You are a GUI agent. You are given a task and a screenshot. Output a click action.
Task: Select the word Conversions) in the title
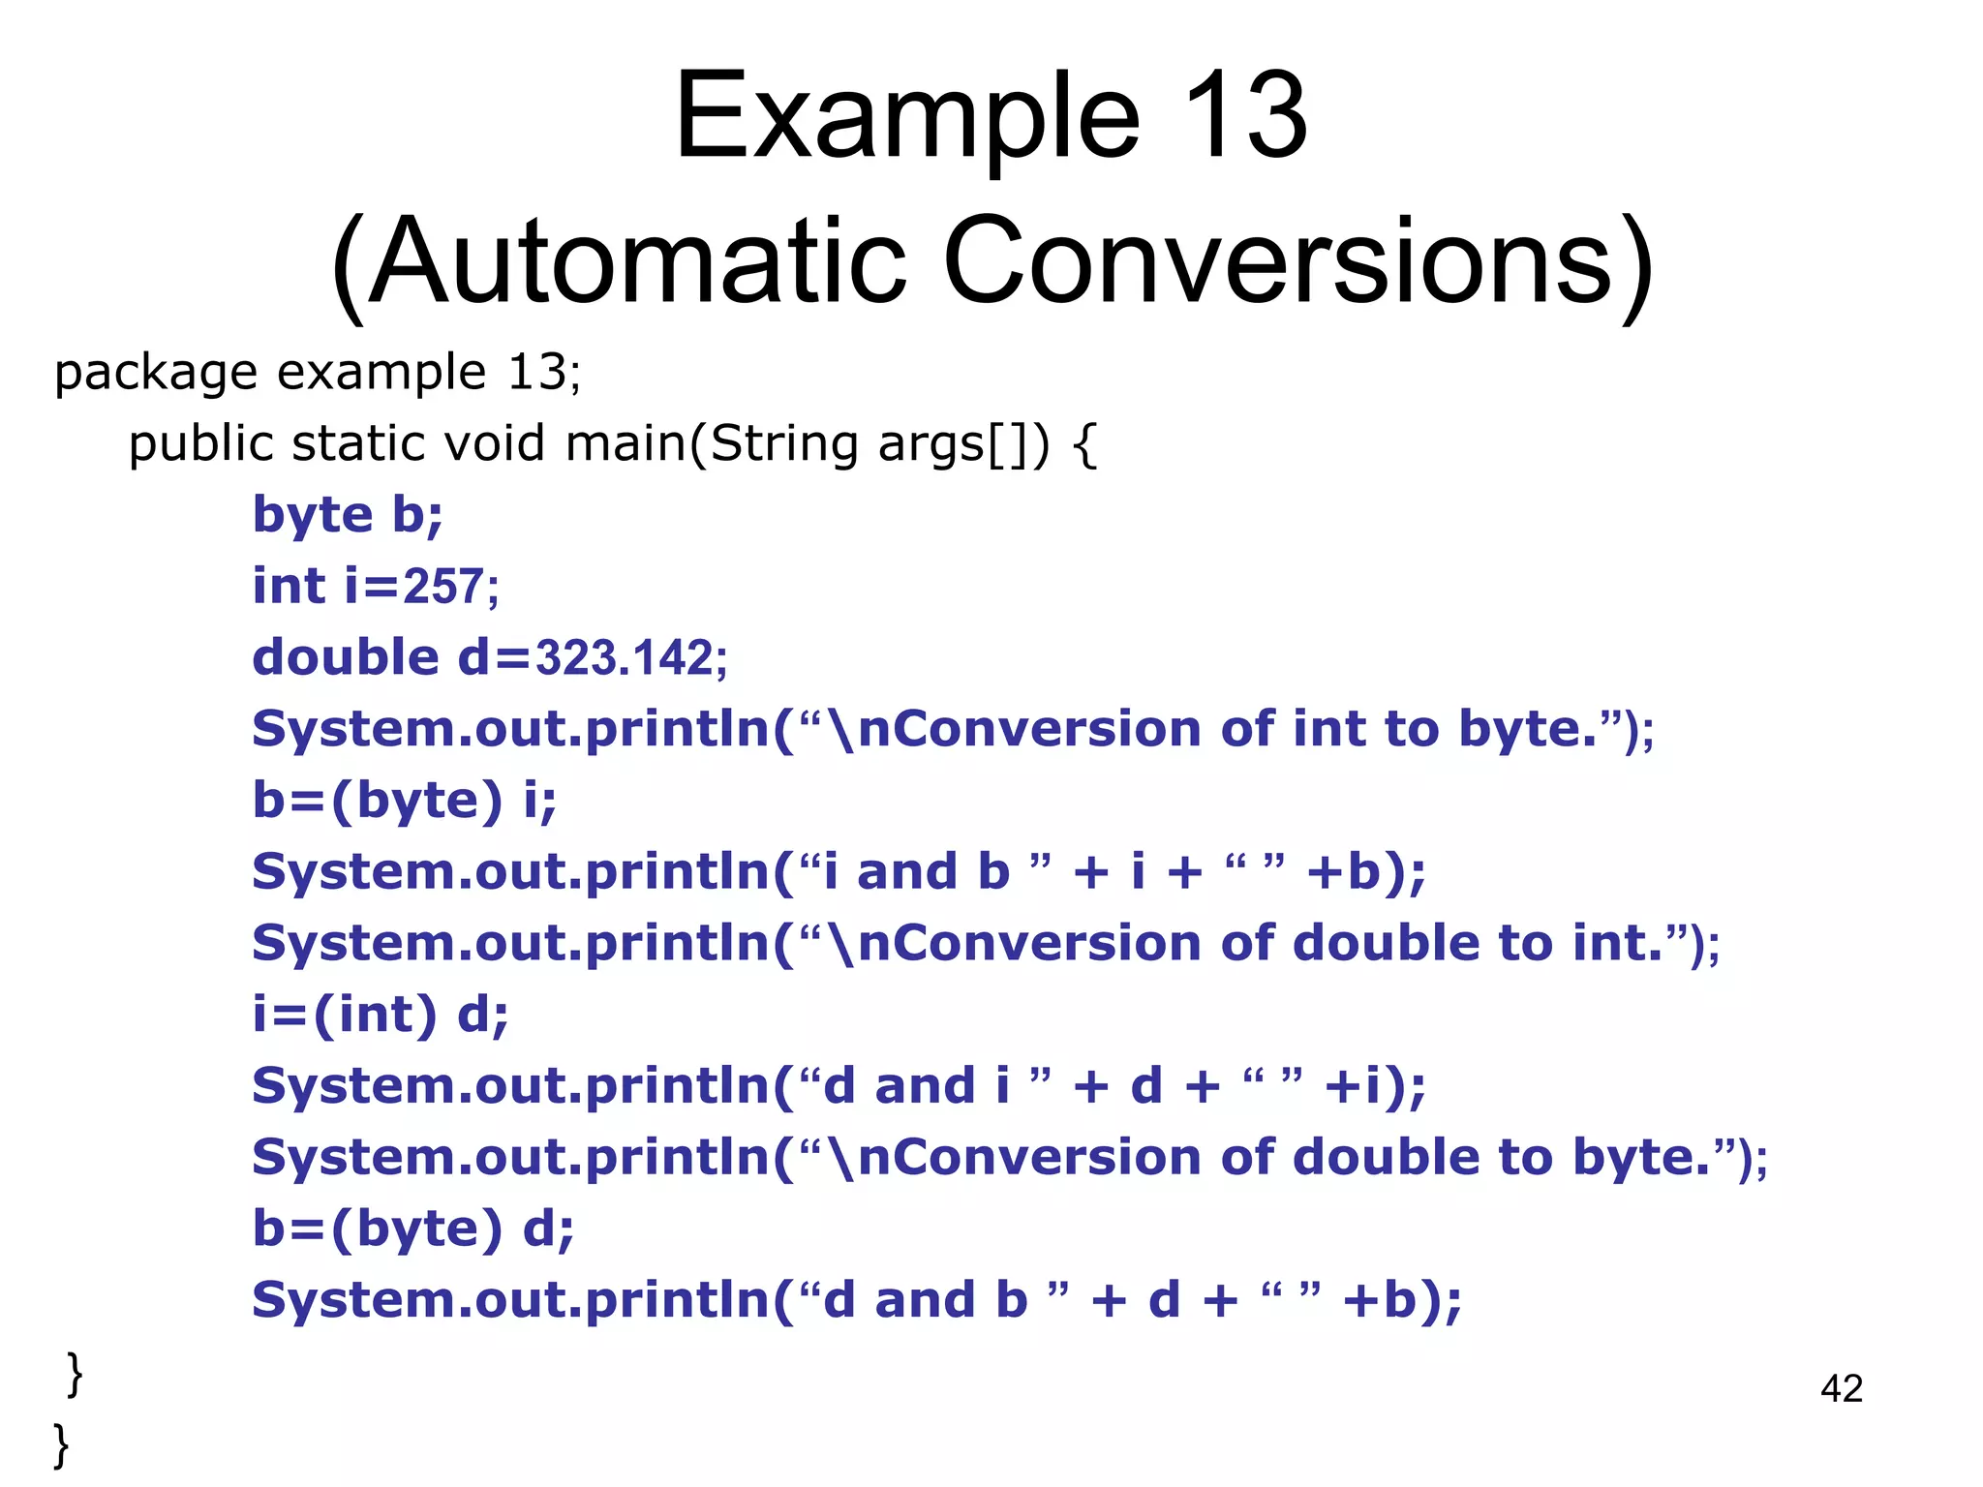tap(1297, 263)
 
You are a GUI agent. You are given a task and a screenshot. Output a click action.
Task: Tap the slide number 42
tap(1841, 1388)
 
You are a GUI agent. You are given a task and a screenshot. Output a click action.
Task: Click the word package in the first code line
tap(155, 374)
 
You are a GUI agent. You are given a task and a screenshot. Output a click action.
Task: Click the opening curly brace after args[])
tap(1085, 445)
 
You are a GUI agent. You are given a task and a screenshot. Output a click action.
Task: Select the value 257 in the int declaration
tap(443, 587)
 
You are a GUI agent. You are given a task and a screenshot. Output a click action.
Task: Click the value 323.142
tap(625, 658)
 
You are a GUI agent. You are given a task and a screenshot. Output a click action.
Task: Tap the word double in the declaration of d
tap(346, 658)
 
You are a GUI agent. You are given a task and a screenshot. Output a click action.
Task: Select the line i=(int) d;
tap(381, 1016)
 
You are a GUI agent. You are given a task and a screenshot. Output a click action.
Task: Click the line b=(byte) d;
tap(413, 1229)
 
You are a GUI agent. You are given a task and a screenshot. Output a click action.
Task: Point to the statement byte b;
tap(348, 515)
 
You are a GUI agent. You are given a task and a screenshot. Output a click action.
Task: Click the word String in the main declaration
tap(784, 443)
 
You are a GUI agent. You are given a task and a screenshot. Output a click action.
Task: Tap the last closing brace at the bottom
tap(61, 1444)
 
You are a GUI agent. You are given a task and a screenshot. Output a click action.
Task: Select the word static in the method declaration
tap(357, 443)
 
